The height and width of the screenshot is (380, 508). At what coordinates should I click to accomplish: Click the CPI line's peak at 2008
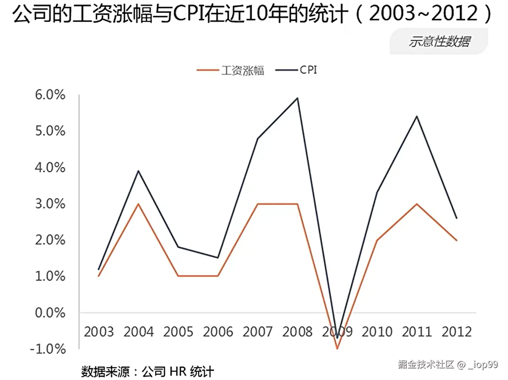click(298, 98)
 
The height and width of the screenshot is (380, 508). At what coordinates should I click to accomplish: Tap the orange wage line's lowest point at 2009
click(337, 348)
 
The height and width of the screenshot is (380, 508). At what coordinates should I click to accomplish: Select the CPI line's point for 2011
click(417, 116)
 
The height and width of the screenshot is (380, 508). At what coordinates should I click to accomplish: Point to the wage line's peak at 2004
click(138, 204)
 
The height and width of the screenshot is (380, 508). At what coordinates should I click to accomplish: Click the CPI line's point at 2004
click(138, 171)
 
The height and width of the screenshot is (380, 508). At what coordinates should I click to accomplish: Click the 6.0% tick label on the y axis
click(50, 95)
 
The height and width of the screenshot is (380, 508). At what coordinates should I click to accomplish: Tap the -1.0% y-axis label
click(48, 349)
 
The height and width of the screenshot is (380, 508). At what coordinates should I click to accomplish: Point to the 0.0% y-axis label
click(50, 313)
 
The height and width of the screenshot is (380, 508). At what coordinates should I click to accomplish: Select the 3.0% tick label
click(50, 204)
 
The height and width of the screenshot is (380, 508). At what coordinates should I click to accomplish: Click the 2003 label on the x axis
click(99, 332)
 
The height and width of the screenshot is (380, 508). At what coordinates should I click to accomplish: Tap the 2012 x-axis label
click(456, 332)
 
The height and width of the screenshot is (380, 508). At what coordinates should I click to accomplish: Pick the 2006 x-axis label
click(218, 332)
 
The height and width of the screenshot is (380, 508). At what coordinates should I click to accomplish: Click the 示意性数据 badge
click(439, 41)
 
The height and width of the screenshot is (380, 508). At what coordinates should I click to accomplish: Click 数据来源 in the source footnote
click(105, 371)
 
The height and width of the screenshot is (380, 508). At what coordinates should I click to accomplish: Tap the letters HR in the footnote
click(177, 371)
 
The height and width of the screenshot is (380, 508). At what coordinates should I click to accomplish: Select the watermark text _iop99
click(483, 365)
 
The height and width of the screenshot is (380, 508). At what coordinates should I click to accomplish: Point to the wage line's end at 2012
click(456, 240)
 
